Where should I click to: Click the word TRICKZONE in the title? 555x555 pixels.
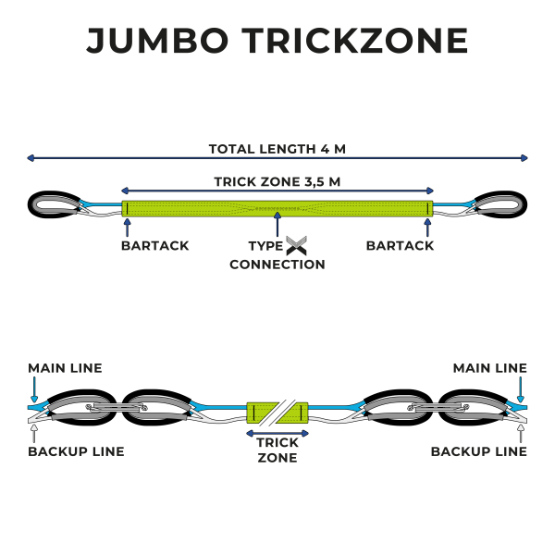(x=355, y=41)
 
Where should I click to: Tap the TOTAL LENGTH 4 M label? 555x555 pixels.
(x=277, y=148)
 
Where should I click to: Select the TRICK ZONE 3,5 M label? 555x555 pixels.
(x=277, y=181)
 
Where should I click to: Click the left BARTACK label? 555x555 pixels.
(x=154, y=246)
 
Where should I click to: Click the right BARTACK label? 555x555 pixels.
(x=400, y=246)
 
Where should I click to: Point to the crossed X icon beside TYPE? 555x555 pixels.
(x=296, y=246)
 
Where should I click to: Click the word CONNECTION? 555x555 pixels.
(x=277, y=265)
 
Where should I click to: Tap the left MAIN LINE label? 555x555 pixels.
(x=65, y=368)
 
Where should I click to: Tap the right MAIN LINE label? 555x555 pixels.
(x=490, y=368)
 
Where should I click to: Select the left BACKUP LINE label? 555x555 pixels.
(x=76, y=451)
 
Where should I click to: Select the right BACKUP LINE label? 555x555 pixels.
(x=479, y=451)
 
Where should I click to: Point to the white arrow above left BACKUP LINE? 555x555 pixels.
(x=32, y=429)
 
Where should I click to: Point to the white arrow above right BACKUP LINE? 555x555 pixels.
(x=523, y=429)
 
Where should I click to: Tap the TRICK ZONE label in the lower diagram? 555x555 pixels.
(x=277, y=450)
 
